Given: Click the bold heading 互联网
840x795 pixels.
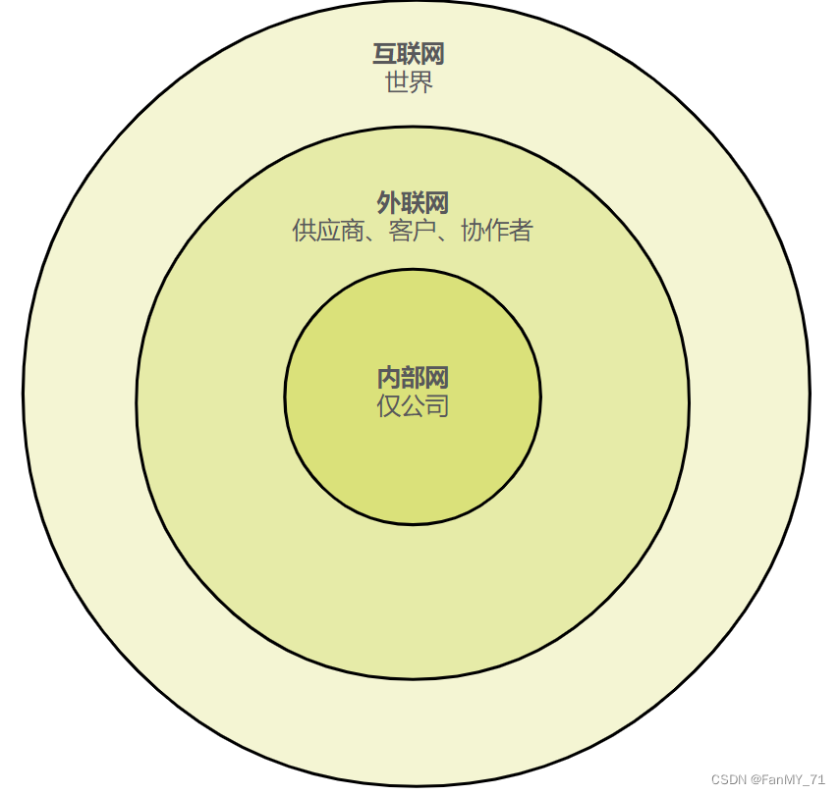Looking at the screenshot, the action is pos(409,55).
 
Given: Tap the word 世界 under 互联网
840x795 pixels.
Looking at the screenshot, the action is pos(409,81).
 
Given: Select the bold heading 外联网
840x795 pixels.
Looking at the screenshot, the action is pos(413,203).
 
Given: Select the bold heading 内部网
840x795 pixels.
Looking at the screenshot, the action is pos(413,378).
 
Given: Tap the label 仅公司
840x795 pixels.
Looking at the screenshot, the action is pos(413,405).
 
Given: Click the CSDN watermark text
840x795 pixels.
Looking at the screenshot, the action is pos(729,779).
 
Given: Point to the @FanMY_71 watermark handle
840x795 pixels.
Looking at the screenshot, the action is pos(788,779).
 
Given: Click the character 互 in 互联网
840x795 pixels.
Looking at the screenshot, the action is pos(385,55).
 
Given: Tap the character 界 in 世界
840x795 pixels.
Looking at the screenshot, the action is pos(421,81).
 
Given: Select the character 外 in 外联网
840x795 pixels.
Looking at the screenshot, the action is pos(389,203).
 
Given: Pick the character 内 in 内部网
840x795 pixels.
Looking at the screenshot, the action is pos(389,378).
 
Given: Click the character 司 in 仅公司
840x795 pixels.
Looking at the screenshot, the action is pos(437,405).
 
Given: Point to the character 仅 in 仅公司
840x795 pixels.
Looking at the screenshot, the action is pos(389,405).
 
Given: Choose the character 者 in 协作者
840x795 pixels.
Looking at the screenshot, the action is pos(521,231).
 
